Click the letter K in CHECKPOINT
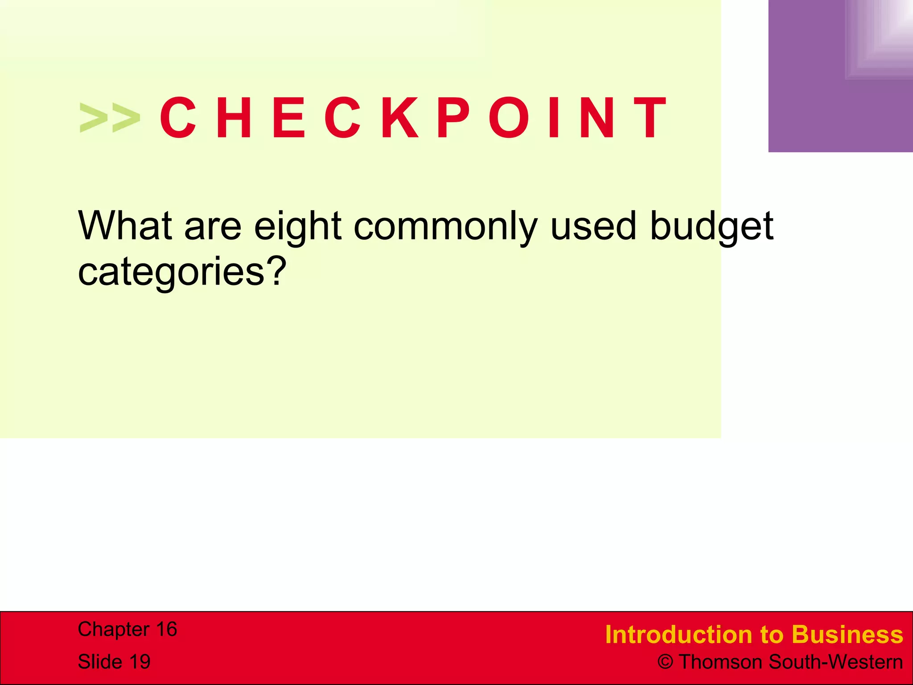click(400, 118)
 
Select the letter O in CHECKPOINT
click(511, 118)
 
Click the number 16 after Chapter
click(166, 629)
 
